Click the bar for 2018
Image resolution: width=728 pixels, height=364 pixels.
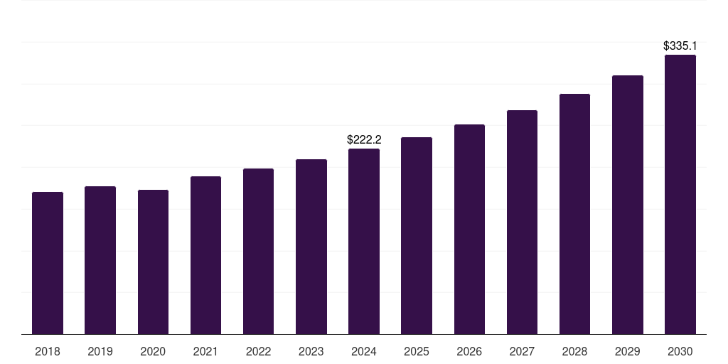tap(48, 263)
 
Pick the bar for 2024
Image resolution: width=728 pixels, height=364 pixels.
tap(364, 241)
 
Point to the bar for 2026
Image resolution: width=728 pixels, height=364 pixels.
tap(469, 229)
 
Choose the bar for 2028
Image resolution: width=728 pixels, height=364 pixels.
tap(574, 214)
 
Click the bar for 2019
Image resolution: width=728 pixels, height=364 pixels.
tap(100, 260)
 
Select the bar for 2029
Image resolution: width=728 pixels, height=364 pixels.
tap(628, 205)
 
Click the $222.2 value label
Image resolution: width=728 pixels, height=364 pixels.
tap(364, 139)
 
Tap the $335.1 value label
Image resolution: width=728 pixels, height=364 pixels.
tap(680, 45)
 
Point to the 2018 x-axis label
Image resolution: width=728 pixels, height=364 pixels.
tap(48, 351)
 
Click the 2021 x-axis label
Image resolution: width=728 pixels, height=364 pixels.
tap(205, 351)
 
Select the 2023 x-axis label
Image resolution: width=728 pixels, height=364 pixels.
tap(311, 351)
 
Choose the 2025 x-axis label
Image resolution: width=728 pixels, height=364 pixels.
tap(417, 351)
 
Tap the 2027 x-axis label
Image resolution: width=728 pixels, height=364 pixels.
tap(522, 351)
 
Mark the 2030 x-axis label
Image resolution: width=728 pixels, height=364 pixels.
tap(680, 351)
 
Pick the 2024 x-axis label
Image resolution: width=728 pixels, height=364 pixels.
tap(364, 351)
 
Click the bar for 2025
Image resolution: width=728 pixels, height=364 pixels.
tap(417, 235)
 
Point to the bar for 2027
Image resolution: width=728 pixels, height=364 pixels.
tap(522, 222)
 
